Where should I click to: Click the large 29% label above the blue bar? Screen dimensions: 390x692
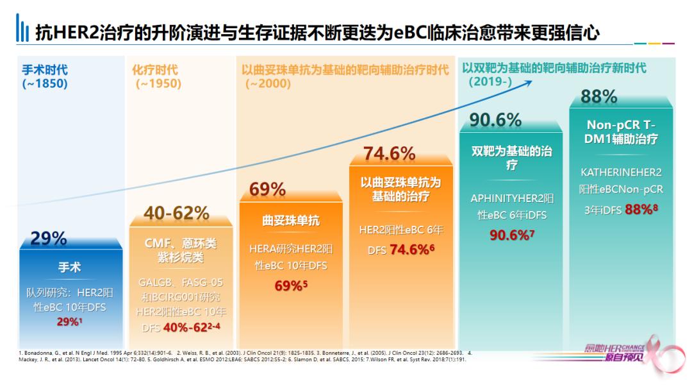click(49, 239)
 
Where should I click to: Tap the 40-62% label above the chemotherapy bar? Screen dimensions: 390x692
click(176, 213)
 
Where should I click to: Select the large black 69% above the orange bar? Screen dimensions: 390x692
click(267, 189)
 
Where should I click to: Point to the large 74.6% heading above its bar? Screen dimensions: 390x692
click(390, 154)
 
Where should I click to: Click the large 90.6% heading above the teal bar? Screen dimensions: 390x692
click(495, 120)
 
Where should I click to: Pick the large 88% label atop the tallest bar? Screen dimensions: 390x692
click(598, 97)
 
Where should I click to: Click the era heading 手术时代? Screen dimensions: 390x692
click(44, 70)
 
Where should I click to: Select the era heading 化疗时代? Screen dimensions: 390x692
click(155, 70)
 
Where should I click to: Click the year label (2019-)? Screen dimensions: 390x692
click(490, 81)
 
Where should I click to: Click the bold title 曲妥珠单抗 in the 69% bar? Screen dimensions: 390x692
click(291, 221)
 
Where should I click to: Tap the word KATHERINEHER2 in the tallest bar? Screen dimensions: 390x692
click(621, 172)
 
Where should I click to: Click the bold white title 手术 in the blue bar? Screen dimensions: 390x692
click(70, 267)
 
